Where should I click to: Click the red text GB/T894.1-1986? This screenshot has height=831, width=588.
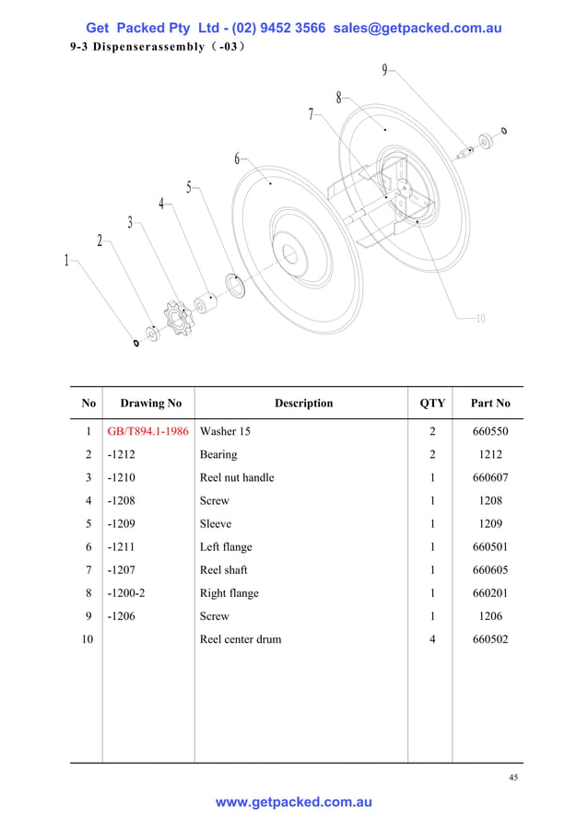(147, 431)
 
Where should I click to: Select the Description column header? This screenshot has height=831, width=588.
(303, 404)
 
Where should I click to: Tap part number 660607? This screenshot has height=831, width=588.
(489, 477)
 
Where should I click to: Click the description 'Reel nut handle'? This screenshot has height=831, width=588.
(237, 477)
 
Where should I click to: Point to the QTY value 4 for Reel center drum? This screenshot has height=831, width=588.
(432, 639)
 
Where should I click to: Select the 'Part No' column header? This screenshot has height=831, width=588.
(489, 404)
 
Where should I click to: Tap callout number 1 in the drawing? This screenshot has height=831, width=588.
(66, 261)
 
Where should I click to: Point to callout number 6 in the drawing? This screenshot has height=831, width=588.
(237, 159)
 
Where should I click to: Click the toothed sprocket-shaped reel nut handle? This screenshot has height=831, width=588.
(177, 319)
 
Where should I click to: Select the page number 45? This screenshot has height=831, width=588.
(513, 778)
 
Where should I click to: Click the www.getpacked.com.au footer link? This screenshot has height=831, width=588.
(294, 802)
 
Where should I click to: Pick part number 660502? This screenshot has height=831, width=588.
(489, 639)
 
